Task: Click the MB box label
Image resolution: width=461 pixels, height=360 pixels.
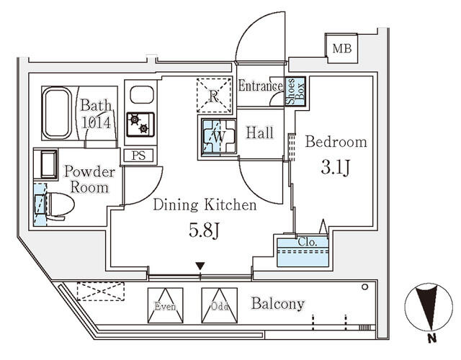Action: pos(338,49)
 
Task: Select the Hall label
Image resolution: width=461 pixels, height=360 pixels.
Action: pos(259,132)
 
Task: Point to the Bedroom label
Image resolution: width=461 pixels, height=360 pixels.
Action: pos(336,142)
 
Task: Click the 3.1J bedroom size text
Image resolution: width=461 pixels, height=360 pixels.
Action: pos(336,171)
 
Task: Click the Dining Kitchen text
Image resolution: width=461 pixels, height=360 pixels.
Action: pos(205,206)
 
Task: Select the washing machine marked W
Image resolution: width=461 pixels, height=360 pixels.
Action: pos(216,135)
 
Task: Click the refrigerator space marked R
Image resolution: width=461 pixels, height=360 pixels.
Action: pos(215,94)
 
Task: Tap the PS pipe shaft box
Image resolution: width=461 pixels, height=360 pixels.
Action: pos(138,156)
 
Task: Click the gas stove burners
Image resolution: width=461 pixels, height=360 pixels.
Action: pos(138,125)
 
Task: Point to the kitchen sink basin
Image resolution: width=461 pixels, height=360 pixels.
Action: pos(140,95)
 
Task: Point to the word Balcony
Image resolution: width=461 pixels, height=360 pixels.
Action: pos(278,304)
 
